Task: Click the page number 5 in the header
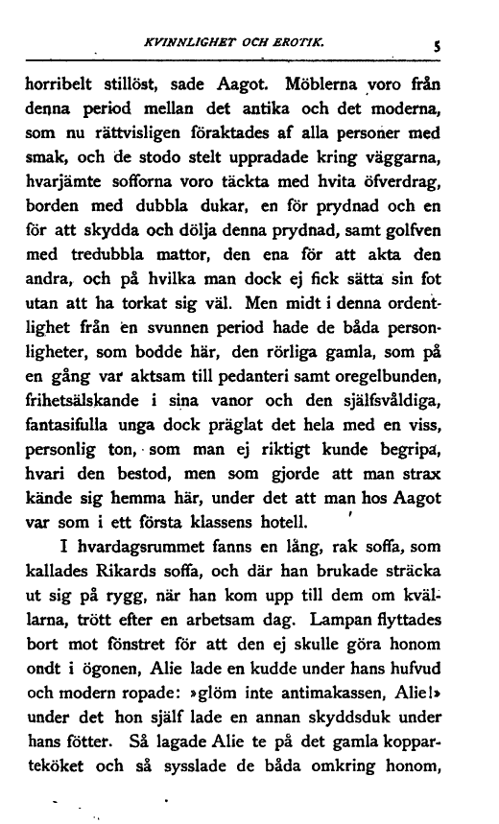pyautogui.click(x=462, y=42)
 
